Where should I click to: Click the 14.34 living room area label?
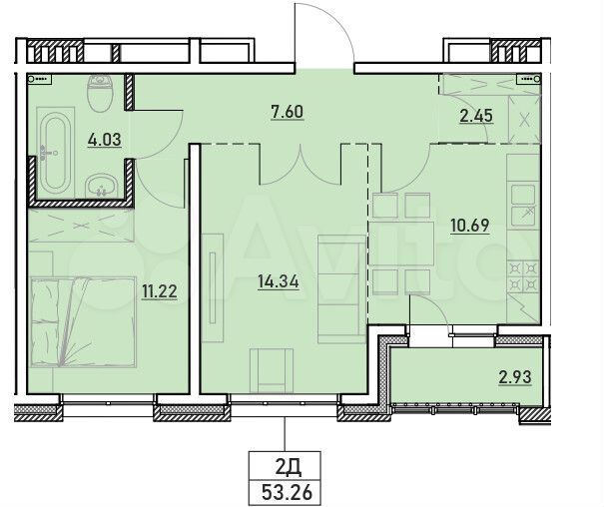[x=278, y=281]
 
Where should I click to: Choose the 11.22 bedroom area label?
[x=161, y=291]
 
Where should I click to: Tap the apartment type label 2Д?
[x=287, y=465]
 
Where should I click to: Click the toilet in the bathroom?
[x=102, y=94]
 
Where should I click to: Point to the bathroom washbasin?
[x=101, y=186]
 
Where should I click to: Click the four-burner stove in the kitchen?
[x=522, y=276]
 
